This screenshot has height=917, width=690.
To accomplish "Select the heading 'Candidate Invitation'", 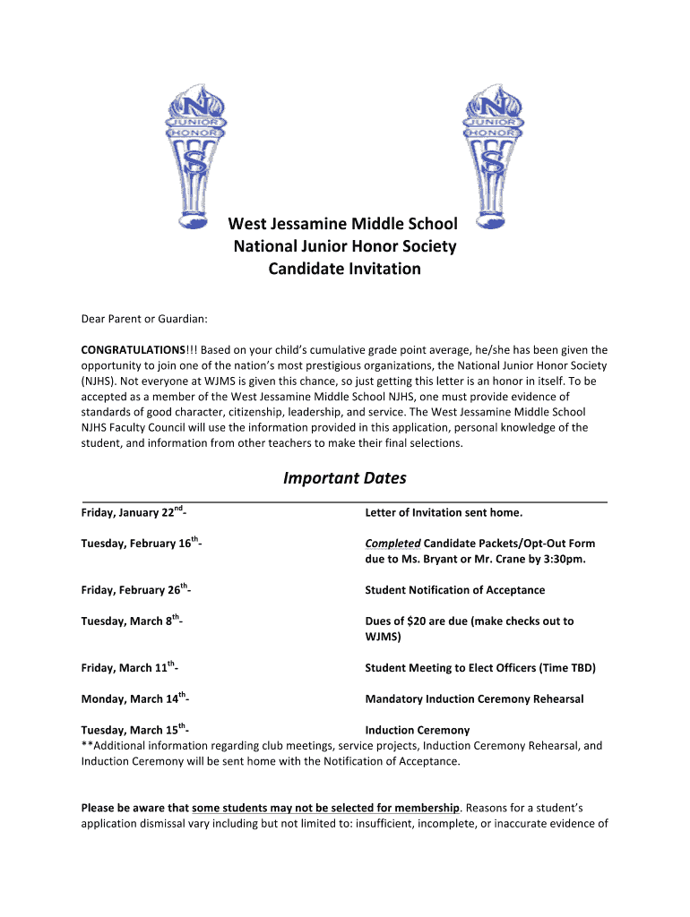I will coord(345,269).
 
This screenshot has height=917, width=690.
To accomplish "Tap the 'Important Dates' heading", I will coord(345,478).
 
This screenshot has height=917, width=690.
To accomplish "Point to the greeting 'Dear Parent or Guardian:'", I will coord(144,319).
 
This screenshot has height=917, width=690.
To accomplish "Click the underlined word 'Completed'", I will coord(392,544).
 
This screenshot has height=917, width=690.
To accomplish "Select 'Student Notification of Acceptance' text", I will coord(454,590).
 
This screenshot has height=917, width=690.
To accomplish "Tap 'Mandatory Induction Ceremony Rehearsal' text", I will coord(474,699).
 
